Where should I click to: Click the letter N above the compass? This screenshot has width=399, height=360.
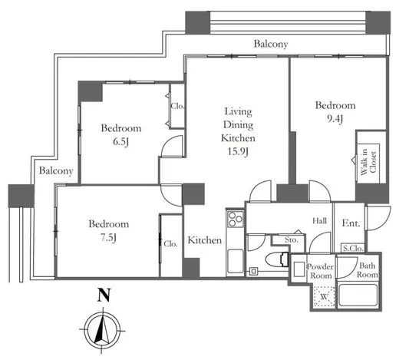104,295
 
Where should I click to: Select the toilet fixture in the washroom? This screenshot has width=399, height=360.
277,260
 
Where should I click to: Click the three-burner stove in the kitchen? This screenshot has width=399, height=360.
236,219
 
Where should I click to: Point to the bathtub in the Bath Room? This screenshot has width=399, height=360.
358,295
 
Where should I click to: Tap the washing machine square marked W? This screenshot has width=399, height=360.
324,296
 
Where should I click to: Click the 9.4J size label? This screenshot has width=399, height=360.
335,118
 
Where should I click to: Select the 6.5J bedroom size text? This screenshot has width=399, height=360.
120,141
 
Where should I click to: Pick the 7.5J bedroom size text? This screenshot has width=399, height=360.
108,238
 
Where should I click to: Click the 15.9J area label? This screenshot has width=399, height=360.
238,152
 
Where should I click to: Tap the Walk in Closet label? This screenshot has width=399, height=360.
368,163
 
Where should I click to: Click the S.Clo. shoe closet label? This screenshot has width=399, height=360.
353,248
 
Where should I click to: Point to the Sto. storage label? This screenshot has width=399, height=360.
292,239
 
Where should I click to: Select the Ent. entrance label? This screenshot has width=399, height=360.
351,223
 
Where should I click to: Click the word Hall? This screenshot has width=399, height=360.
320,220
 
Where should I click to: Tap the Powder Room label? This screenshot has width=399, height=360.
320,271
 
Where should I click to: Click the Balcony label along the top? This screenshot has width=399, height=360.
271,44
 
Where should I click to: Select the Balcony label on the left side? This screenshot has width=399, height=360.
56,170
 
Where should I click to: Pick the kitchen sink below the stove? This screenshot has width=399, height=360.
236,261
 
